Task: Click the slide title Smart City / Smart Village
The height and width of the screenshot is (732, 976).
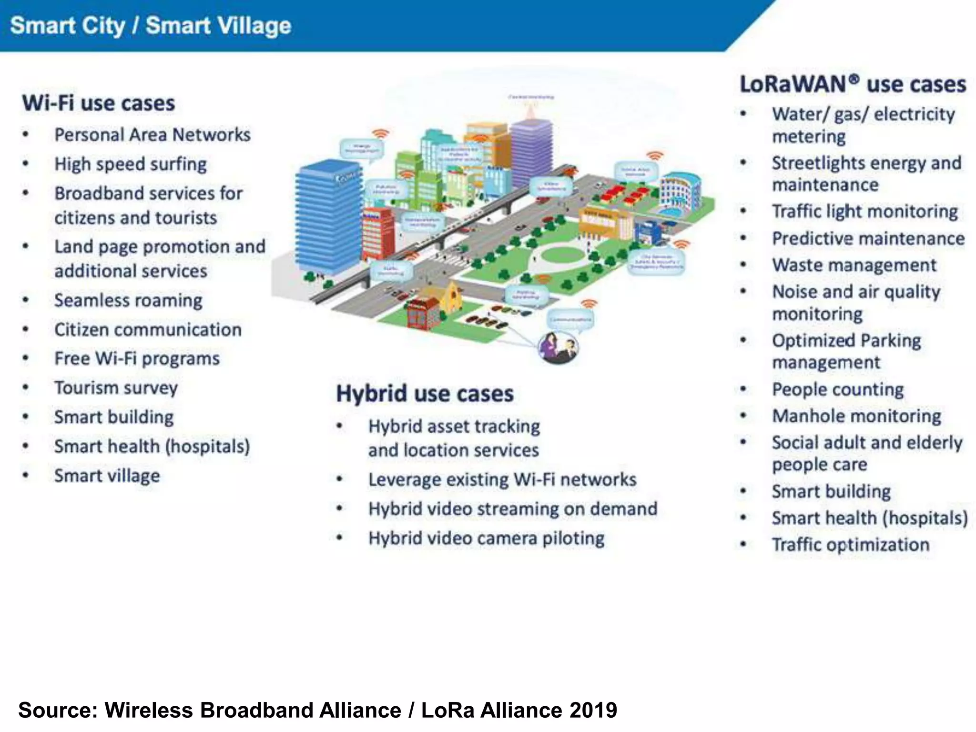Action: coord(150,25)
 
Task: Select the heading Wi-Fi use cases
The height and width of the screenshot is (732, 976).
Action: coord(99,103)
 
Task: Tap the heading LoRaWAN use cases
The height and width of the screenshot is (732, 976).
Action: coord(852,84)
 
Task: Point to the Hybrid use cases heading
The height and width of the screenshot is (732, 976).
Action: coord(425,394)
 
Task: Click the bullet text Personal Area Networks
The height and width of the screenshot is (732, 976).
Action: coord(152,135)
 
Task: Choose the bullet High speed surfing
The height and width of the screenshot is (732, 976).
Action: coord(130,164)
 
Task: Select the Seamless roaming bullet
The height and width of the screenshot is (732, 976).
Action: coord(128,300)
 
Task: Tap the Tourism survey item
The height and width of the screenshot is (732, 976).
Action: coord(116,387)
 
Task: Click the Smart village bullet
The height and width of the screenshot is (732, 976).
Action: coord(107,476)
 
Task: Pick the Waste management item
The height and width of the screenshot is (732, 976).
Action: coord(854,265)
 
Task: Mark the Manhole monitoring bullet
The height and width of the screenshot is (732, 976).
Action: coord(856,416)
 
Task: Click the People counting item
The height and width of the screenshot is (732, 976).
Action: coord(837,389)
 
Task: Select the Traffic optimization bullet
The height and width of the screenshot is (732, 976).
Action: coord(850,544)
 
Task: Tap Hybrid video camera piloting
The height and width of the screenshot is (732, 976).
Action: coord(486,538)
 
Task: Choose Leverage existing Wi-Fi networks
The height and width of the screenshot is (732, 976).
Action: coord(502,479)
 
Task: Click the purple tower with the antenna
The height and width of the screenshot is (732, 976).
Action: coord(531,152)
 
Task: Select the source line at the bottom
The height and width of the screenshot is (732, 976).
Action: coord(317,710)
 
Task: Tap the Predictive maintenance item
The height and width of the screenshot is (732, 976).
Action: coord(868,238)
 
